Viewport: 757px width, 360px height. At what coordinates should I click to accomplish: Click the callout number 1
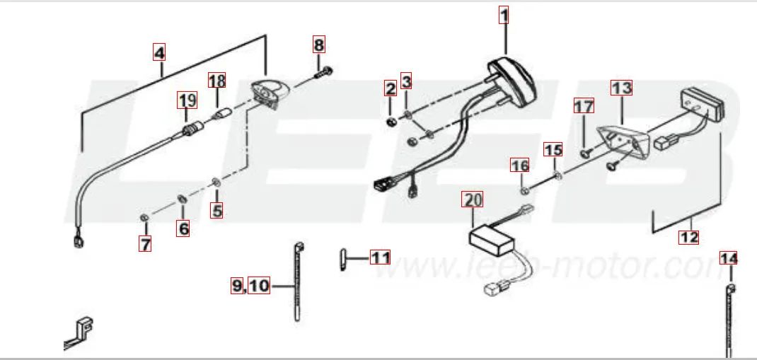coord(504,16)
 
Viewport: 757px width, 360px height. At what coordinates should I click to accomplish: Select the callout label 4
coord(159,52)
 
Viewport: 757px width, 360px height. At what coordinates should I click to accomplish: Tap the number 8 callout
coord(318,45)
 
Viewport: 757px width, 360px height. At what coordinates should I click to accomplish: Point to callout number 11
coord(380,257)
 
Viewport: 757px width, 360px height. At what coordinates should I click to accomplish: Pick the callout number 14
coord(729,259)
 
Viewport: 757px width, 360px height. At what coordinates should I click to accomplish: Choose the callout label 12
coord(688,237)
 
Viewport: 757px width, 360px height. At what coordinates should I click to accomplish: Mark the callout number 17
coord(584,105)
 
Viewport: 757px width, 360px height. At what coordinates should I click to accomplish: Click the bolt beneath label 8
coord(323,74)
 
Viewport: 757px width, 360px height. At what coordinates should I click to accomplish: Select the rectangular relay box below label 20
coord(492,240)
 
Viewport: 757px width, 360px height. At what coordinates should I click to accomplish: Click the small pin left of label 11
coord(343,259)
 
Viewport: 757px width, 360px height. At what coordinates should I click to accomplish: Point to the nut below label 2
coord(391,122)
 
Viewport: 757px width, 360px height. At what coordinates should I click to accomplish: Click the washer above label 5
coord(216,182)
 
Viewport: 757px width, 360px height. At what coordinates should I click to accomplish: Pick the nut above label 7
coord(144,218)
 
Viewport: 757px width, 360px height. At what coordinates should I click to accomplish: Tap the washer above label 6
coord(183,198)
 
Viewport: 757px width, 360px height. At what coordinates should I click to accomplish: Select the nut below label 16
coord(524,191)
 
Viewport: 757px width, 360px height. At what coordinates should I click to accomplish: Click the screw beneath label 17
coord(586,153)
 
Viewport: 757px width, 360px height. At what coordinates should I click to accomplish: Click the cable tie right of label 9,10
coord(298,281)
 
